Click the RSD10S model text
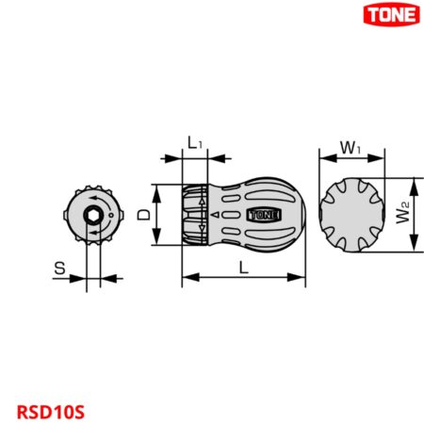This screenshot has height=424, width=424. [50, 412]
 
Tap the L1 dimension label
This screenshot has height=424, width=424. [193, 143]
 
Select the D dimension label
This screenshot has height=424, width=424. [143, 215]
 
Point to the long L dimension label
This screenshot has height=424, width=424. [244, 268]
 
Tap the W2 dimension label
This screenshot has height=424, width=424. [402, 215]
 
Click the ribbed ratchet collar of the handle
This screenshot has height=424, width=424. [195, 215]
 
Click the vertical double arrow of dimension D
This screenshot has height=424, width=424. [156, 215]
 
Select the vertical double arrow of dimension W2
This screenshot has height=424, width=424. [415, 215]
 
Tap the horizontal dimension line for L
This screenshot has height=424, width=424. [244, 277]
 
